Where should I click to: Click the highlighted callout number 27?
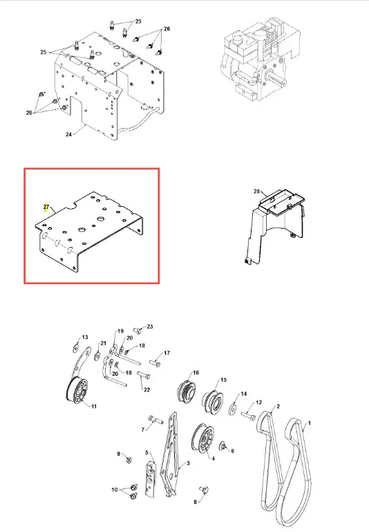[46, 207]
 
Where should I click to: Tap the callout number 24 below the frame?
[69, 134]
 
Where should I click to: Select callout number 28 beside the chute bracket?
[257, 192]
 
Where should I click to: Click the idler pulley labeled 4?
[202, 438]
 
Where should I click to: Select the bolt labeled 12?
[248, 414]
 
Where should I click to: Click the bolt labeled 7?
[155, 420]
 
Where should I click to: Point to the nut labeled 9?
[129, 461]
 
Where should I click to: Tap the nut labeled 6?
[223, 446]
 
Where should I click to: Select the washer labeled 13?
[76, 349]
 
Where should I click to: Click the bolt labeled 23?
[137, 329]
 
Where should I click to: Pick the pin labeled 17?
[155, 363]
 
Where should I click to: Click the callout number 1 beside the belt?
[309, 423]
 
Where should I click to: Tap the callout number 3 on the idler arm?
[188, 463]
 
